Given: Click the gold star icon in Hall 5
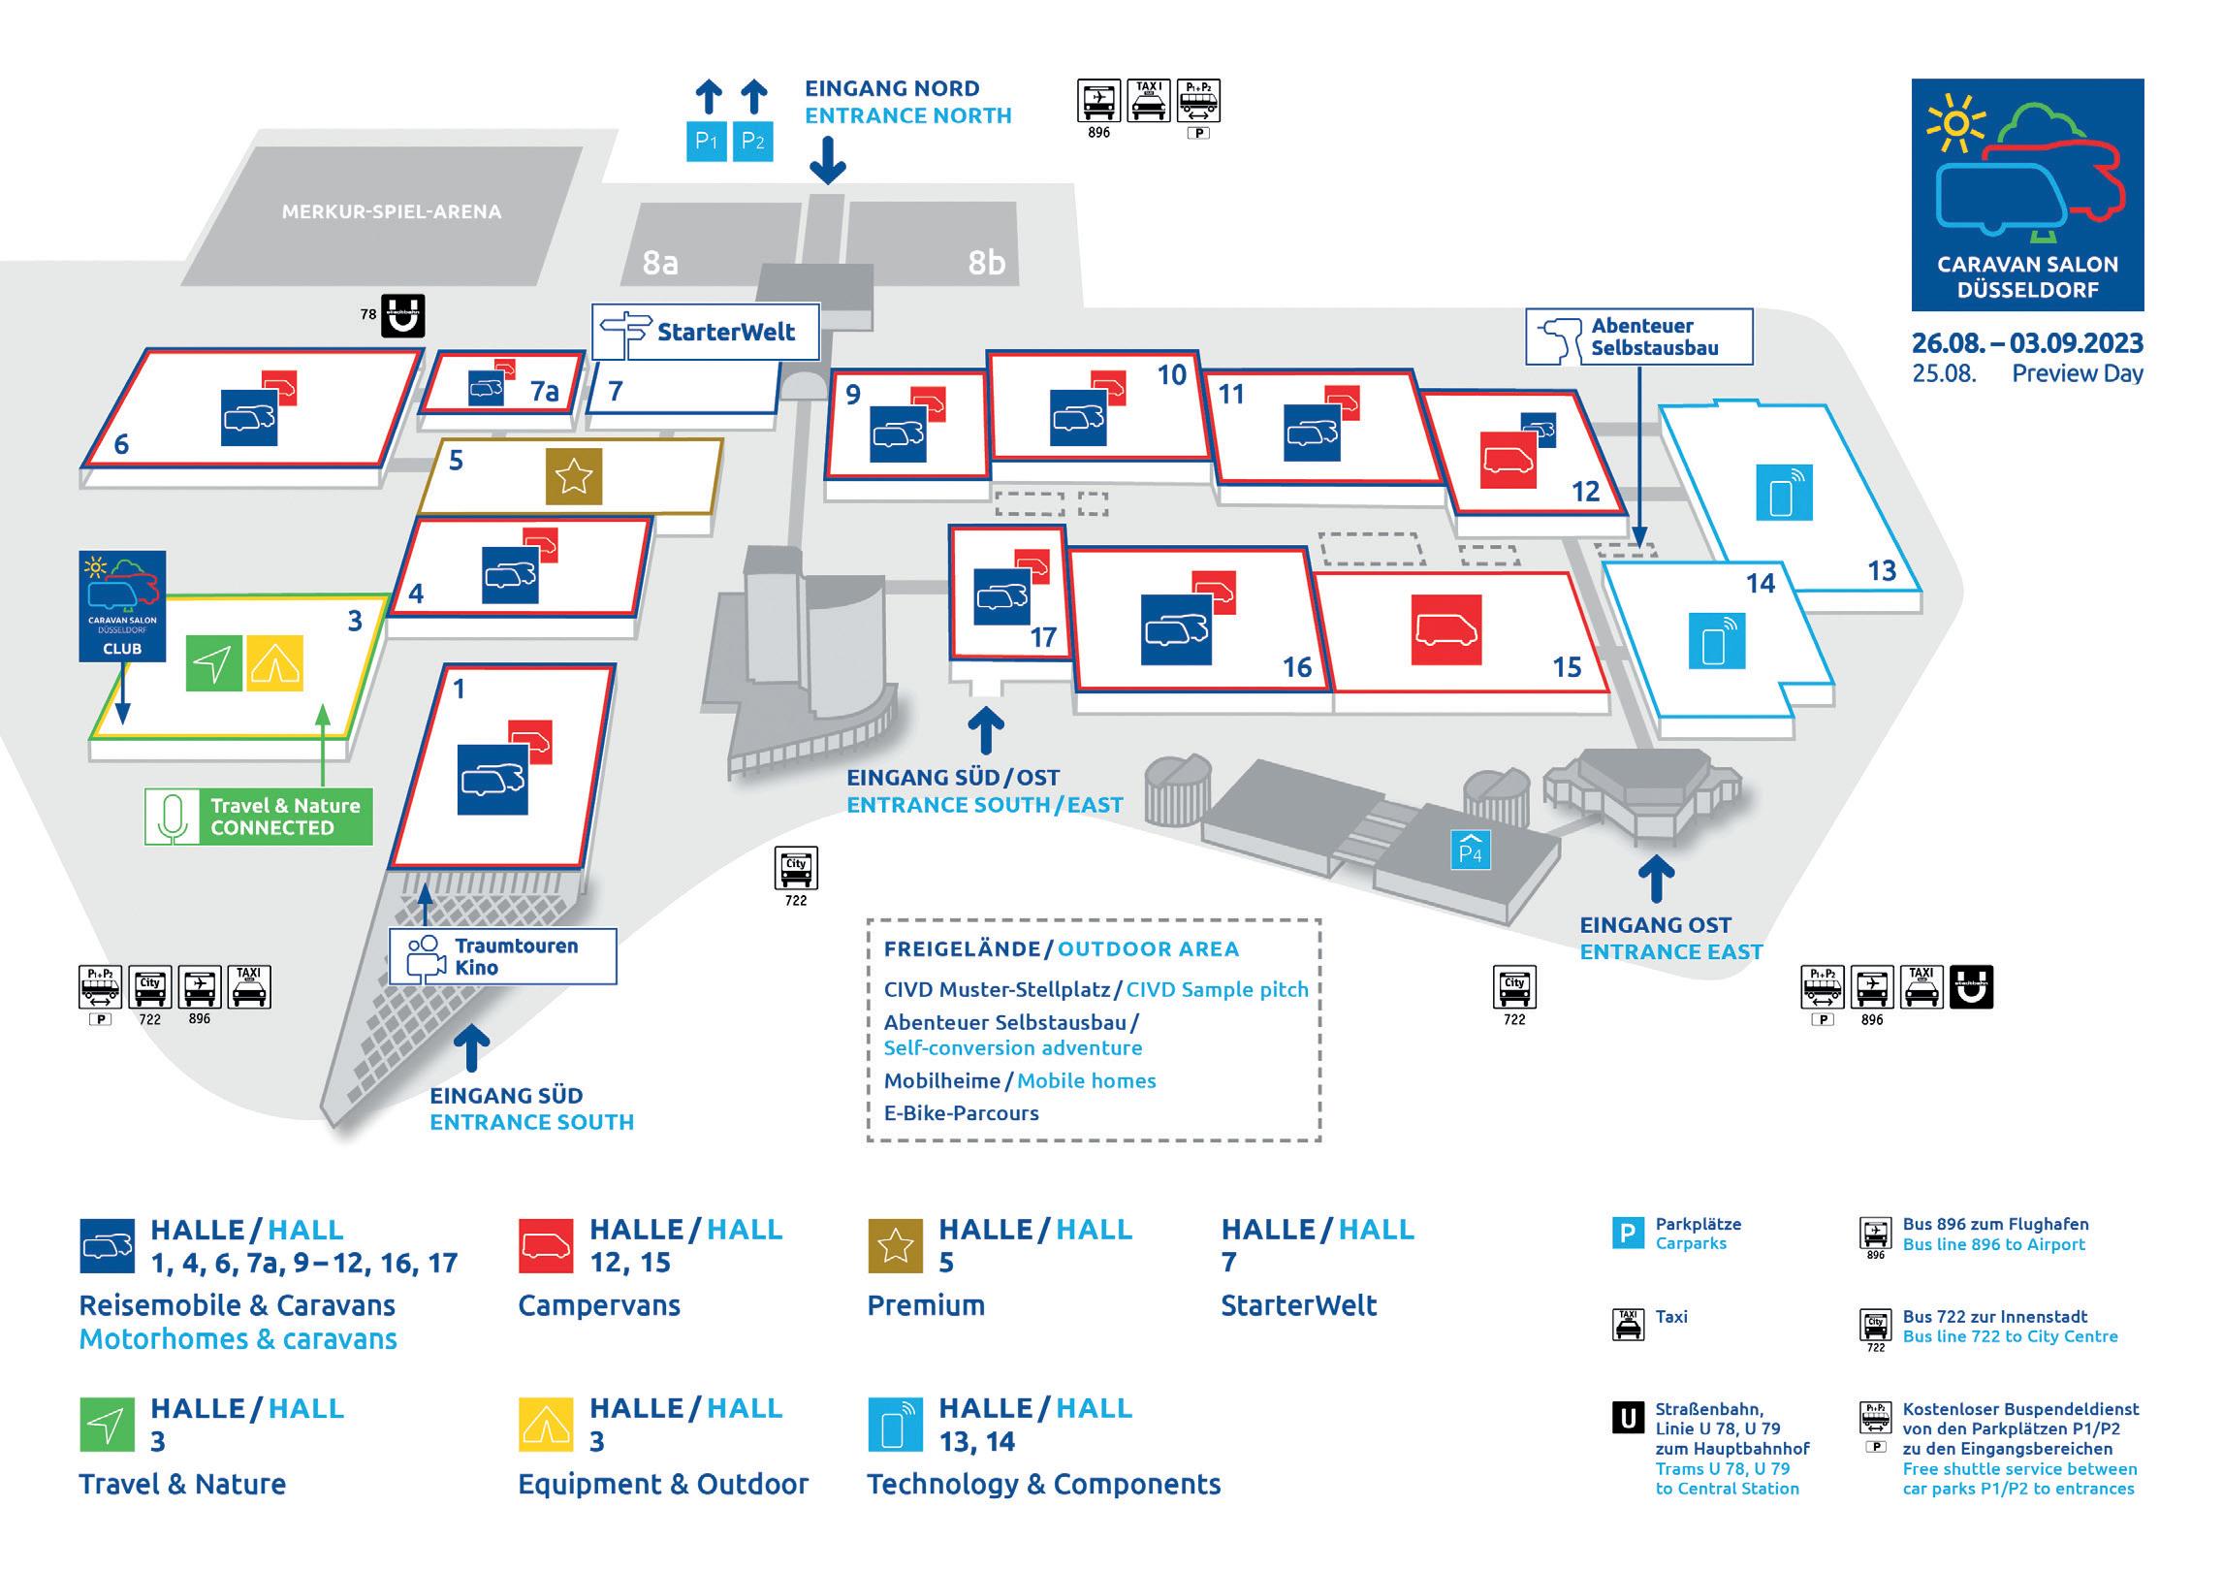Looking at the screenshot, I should coord(573,476).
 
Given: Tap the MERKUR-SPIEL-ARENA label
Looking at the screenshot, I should coord(392,211).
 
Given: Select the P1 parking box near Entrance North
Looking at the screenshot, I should coord(707,142).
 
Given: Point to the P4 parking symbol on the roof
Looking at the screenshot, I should coord(1471,850).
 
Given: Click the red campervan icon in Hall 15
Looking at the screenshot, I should coord(1445,630).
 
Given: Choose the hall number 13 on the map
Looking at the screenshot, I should coord(1881,570).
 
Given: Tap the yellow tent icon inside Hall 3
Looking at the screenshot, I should coord(275,663).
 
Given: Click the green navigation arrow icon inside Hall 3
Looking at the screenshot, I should coord(213,663).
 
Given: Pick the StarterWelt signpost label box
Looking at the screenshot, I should coord(707,332).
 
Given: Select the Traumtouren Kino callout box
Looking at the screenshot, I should coord(502,957).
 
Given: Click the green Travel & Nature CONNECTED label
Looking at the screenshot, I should coord(259,817).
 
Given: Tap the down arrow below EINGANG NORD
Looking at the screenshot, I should coord(827,160).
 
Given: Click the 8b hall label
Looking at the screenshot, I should coord(986,262).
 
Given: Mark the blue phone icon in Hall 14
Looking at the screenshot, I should coord(1717,641).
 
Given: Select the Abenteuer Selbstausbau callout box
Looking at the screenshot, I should coord(1639,337).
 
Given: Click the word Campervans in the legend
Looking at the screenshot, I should coord(599,1305).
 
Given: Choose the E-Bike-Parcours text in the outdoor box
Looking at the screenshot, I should coord(961,1113).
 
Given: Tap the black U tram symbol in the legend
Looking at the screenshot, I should coord(1628,1419).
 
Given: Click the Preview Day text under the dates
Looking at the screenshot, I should coord(2077,373).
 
